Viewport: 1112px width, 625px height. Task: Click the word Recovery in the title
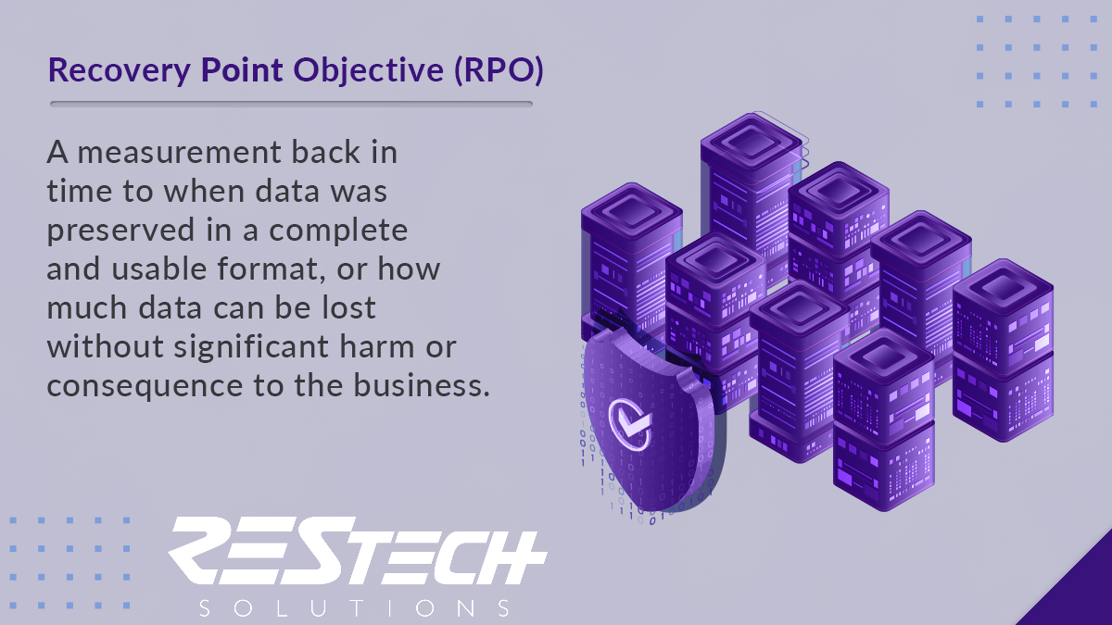[x=120, y=70]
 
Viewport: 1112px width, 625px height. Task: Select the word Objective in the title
[x=369, y=70]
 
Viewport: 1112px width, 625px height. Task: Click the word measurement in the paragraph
[x=179, y=152]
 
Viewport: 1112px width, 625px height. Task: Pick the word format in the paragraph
[x=272, y=269]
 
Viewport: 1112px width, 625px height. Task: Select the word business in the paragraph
[x=422, y=385]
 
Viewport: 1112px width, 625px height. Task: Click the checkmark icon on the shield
[x=629, y=425]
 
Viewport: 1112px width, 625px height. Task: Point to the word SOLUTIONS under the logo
[x=354, y=608]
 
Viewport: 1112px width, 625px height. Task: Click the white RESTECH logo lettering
[x=358, y=551]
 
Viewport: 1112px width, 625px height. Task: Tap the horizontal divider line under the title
[x=291, y=104]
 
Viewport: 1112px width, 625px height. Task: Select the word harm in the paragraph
[x=377, y=346]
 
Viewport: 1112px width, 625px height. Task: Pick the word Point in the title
[x=242, y=70]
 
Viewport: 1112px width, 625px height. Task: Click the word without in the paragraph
[x=106, y=346]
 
